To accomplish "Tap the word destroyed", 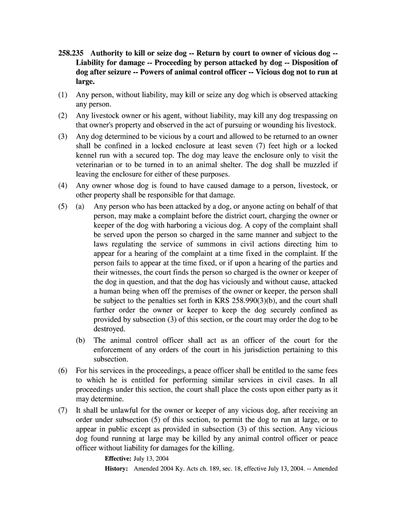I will (109, 329).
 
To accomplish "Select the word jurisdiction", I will (264, 350).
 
